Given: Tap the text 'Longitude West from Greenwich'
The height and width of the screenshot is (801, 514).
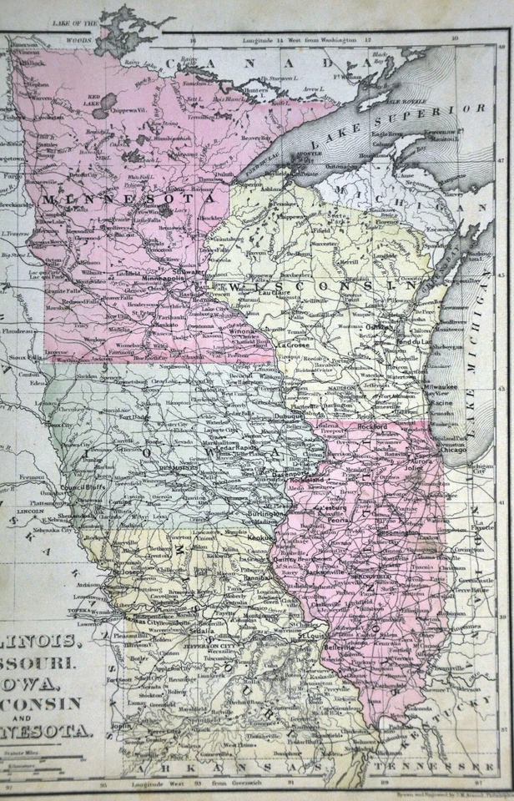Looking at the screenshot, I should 196,782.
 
